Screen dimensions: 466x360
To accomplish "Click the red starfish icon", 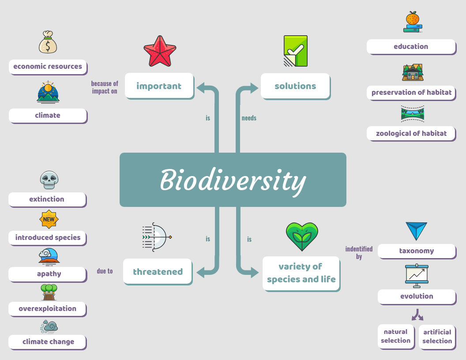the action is click(x=160, y=51).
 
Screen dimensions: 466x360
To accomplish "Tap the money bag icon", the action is click(x=48, y=42).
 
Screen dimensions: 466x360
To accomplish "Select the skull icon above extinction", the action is click(x=49, y=180).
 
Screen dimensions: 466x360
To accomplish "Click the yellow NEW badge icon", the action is click(x=49, y=219).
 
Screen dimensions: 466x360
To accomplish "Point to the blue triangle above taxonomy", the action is click(x=417, y=231).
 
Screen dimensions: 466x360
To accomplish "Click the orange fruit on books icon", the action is click(x=413, y=22).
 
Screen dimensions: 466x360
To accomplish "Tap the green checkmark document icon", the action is click(x=295, y=51).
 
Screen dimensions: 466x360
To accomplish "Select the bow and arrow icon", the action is click(x=156, y=237).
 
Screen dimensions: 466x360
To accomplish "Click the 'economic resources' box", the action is click(x=48, y=67).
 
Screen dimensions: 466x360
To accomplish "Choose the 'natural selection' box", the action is click(x=396, y=337).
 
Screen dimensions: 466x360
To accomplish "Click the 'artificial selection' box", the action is click(x=437, y=337).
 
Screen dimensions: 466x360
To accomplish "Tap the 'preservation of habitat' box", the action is click(x=411, y=93).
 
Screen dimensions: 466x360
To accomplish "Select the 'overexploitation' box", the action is click(x=48, y=309).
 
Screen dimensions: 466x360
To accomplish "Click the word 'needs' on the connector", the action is click(x=249, y=118).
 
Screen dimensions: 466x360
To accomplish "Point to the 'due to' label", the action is click(x=105, y=271).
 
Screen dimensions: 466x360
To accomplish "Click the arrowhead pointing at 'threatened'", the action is click(x=201, y=272).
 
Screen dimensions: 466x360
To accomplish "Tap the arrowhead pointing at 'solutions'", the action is click(x=254, y=88).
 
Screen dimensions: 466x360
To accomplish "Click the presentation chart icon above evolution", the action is click(x=417, y=275).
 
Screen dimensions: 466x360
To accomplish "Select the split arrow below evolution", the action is click(x=417, y=315).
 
